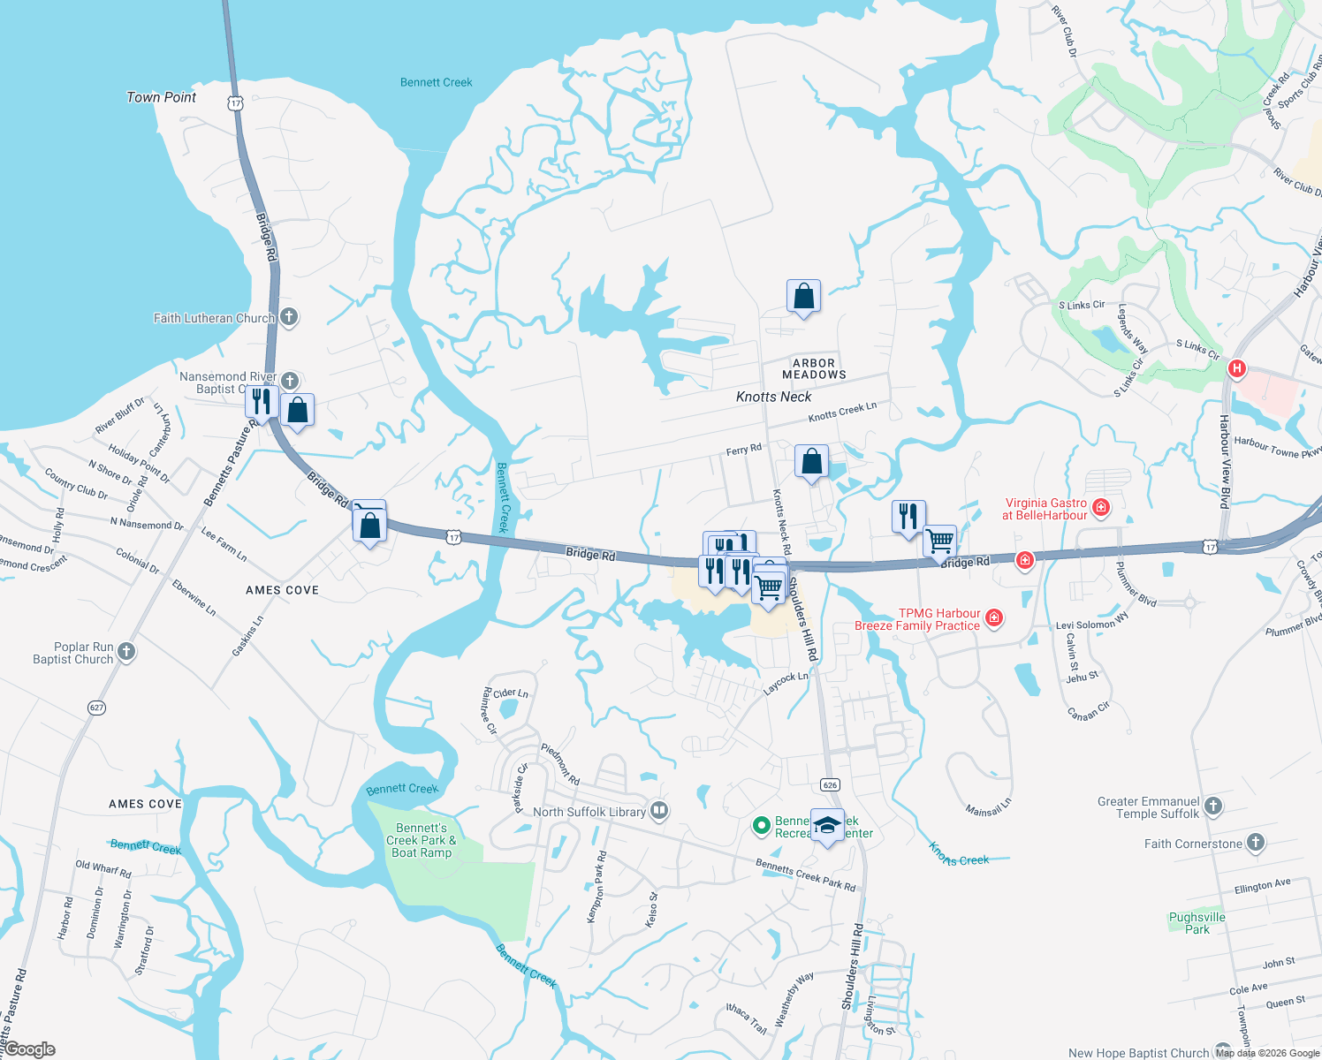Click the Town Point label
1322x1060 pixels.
click(x=161, y=97)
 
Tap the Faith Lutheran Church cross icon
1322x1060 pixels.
click(x=289, y=317)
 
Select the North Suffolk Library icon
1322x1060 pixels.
click(x=658, y=811)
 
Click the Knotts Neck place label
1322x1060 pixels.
click(x=773, y=397)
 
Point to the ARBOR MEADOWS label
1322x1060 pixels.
click(x=814, y=369)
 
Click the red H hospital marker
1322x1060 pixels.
click(x=1237, y=368)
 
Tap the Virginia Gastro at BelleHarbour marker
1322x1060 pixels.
click(x=1101, y=507)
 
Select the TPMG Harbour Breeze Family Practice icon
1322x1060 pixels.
click(x=994, y=617)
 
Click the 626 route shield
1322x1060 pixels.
click(x=829, y=784)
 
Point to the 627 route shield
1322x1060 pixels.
click(x=97, y=708)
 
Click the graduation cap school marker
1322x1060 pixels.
click(x=827, y=825)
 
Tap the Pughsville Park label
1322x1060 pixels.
click(x=1197, y=923)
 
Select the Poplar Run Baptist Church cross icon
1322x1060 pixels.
click(x=126, y=652)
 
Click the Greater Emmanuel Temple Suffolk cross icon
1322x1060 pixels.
click(x=1213, y=806)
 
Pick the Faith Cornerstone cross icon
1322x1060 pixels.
click(x=1255, y=843)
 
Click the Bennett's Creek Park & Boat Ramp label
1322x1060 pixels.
click(x=422, y=840)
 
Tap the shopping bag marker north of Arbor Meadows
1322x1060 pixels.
click(x=803, y=297)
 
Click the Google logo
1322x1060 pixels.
click(x=30, y=1049)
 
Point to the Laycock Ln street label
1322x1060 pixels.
click(x=786, y=682)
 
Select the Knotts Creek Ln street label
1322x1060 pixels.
click(x=842, y=412)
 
